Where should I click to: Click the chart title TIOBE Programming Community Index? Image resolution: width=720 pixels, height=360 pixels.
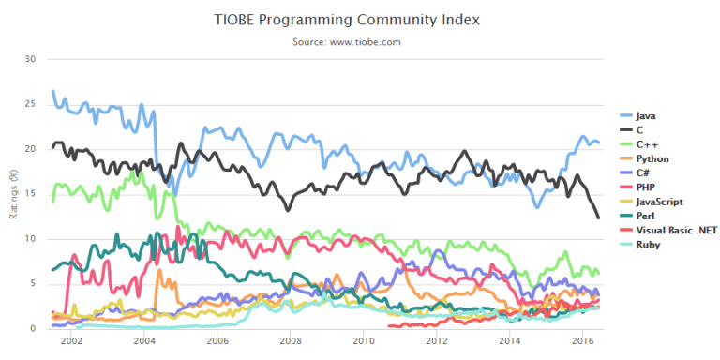click(359, 19)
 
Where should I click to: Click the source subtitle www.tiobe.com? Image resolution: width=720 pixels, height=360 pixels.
click(359, 42)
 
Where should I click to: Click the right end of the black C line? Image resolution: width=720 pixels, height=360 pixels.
click(598, 217)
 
